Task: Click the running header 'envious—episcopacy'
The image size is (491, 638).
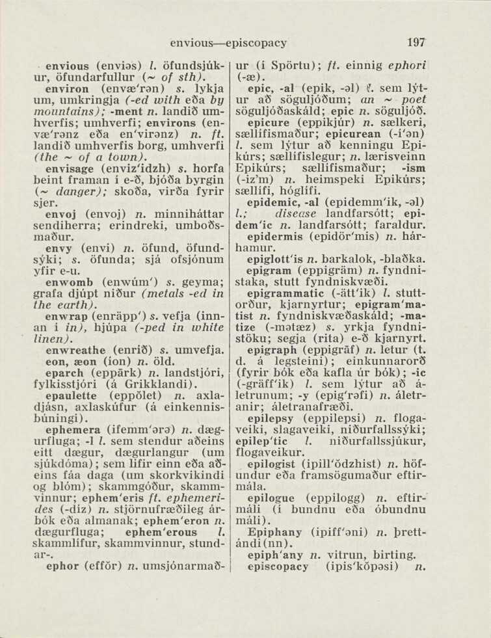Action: (228, 43)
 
